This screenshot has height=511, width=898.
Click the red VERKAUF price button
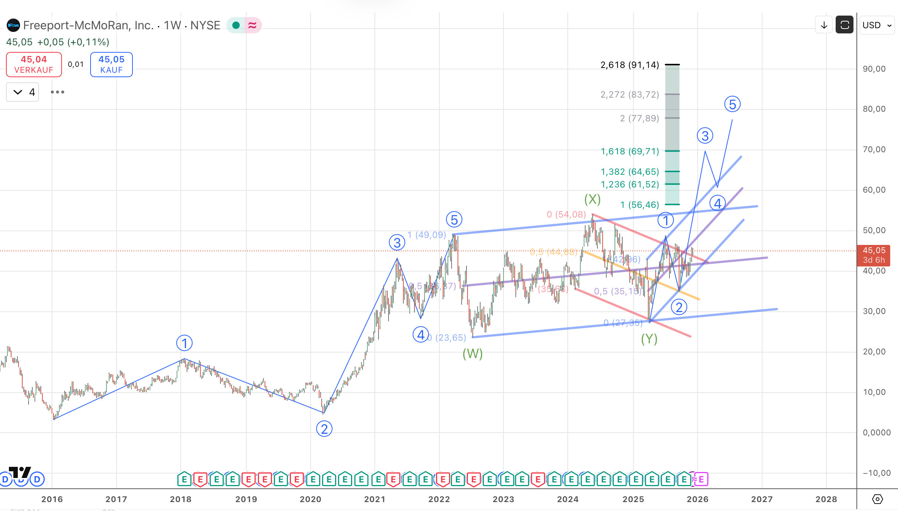[34, 65]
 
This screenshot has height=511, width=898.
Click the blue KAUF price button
[111, 65]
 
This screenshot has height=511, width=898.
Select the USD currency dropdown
[876, 25]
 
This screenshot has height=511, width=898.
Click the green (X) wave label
[592, 199]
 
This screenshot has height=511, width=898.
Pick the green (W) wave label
[472, 354]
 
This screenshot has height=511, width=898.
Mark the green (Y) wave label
[649, 339]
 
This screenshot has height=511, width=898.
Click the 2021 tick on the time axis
[374, 499]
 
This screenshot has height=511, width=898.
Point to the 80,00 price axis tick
[874, 109]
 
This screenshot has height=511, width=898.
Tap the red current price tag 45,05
[874, 255]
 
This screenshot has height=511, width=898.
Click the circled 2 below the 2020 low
[324, 429]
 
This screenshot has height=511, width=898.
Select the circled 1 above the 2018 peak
[184, 343]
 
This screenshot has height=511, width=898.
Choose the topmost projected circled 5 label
[732, 104]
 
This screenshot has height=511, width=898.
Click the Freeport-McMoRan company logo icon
[13, 25]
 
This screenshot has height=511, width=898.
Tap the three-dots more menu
[58, 92]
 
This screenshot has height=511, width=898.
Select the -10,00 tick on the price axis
[876, 473]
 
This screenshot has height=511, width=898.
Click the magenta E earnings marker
[701, 479]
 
